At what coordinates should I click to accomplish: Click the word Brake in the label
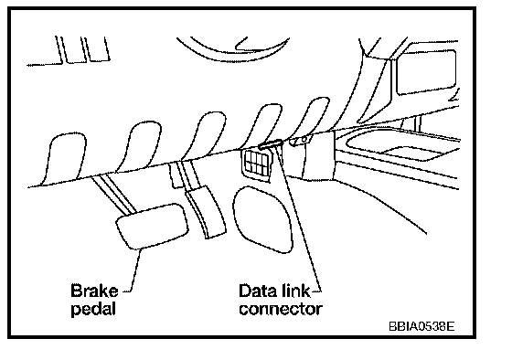pyautogui.click(x=94, y=291)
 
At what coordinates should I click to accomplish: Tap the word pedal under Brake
pyautogui.click(x=93, y=309)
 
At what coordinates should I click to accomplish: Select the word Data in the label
pyautogui.click(x=258, y=291)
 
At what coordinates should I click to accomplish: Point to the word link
pyautogui.click(x=294, y=291)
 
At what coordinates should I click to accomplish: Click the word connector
pyautogui.click(x=281, y=309)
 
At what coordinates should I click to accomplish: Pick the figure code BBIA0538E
pyautogui.click(x=421, y=325)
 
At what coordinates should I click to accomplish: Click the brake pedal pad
pyautogui.click(x=152, y=226)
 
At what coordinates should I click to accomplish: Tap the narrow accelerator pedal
pyautogui.click(x=206, y=211)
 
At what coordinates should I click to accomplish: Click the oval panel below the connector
pyautogui.click(x=262, y=219)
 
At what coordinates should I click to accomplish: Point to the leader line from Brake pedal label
pyautogui.click(x=135, y=270)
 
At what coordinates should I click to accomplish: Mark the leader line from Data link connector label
pyautogui.click(x=299, y=218)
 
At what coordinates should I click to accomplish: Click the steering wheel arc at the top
pyautogui.click(x=232, y=51)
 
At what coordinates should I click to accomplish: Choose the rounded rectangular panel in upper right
pyautogui.click(x=426, y=72)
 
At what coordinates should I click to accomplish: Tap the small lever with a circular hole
pyautogui.click(x=300, y=140)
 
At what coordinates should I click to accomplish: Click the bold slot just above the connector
pyautogui.click(x=271, y=144)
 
